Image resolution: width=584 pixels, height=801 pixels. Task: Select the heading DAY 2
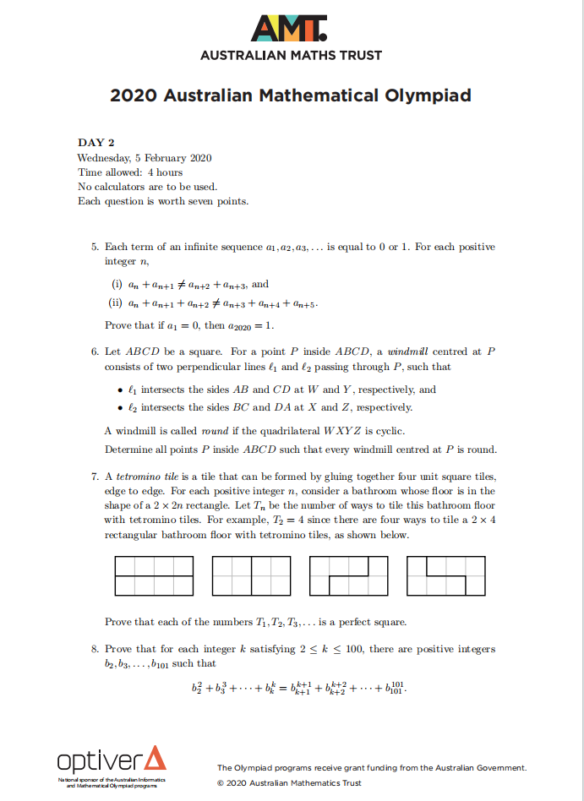pos(96,143)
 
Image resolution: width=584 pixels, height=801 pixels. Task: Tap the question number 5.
pos(95,247)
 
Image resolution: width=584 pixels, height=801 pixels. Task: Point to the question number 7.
pos(95,477)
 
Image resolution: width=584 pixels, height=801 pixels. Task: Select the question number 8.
pos(95,649)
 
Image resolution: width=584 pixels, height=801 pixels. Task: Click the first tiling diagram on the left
pos(154,576)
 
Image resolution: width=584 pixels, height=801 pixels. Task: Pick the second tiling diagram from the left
pos(251,576)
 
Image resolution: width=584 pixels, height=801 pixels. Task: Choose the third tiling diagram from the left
pos(349,576)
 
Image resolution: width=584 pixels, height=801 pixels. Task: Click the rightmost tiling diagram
pos(446,576)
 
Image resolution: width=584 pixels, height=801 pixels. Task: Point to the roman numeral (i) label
pos(117,285)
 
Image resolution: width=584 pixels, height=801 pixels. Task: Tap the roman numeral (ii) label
pos(118,302)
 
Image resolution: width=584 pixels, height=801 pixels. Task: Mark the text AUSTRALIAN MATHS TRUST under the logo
pos(291,56)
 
